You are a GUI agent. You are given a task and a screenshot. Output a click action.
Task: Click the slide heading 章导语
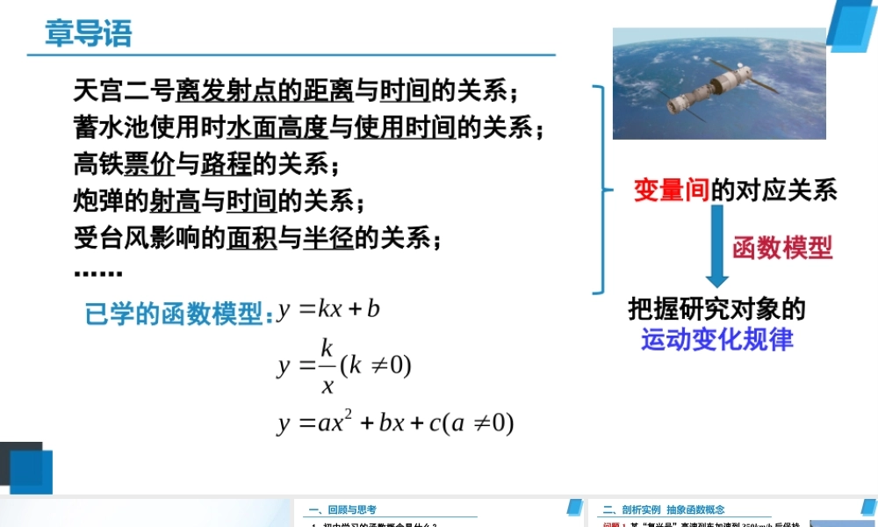[x=88, y=33]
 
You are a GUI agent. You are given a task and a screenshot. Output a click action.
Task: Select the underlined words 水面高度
[x=277, y=128]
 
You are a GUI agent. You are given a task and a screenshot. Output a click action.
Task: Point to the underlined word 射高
[x=175, y=201]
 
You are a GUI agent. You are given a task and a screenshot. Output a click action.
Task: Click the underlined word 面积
[x=251, y=238]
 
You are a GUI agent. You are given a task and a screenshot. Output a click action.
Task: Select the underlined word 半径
[x=327, y=238]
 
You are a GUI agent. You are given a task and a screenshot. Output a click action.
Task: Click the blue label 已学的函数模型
[x=174, y=314]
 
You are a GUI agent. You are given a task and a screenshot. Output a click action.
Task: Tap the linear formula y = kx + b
[x=329, y=309]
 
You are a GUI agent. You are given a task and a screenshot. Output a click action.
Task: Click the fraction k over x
[x=327, y=364]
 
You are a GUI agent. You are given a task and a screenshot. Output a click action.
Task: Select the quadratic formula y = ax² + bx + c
[x=395, y=422]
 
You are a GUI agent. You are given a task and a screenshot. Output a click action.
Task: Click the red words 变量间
[x=671, y=190]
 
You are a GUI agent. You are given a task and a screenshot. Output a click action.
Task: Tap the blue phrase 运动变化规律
[x=716, y=339]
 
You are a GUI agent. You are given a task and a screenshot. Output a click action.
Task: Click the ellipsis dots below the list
[x=97, y=273]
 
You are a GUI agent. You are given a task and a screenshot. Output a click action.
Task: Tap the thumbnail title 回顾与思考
[x=352, y=509]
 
